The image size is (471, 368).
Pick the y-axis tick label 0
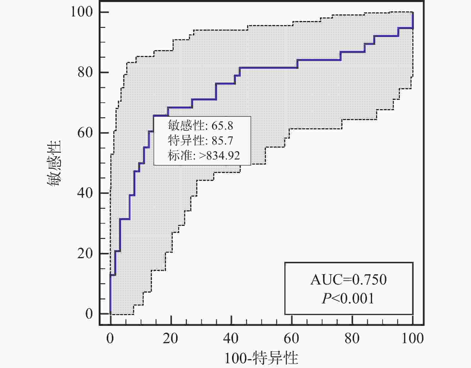tap(89, 314)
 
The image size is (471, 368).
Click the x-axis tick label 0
tap(110, 338)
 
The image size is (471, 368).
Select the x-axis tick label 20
tap(171, 338)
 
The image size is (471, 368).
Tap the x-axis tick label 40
tap(231, 338)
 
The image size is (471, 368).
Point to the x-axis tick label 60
tap(292, 338)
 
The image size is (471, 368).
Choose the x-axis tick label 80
tap(352, 338)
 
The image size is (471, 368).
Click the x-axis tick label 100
tap(412, 338)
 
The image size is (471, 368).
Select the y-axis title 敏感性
tap(54, 163)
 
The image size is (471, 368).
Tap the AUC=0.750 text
tap(348, 280)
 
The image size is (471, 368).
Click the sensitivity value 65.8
tap(222, 126)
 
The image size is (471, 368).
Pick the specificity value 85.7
tap(222, 141)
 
